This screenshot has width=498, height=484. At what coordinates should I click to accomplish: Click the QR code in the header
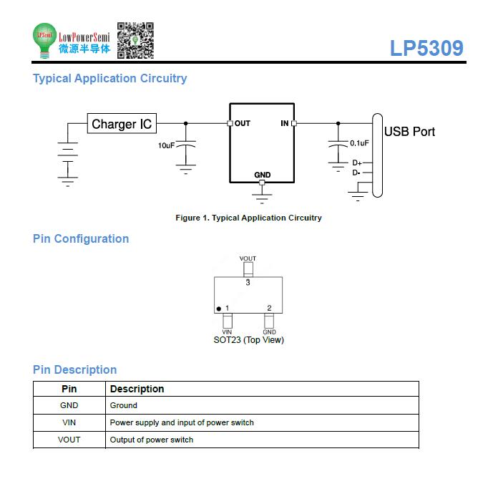pyautogui.click(x=135, y=40)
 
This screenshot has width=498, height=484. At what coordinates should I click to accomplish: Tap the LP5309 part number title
pyautogui.click(x=426, y=48)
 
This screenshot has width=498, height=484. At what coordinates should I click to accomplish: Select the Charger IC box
pyautogui.click(x=122, y=123)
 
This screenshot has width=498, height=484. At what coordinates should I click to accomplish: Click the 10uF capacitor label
pyautogui.click(x=167, y=145)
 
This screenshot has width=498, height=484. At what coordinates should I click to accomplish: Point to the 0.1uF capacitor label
pyautogui.click(x=359, y=143)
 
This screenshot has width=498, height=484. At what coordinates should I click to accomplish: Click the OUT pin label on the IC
pyautogui.click(x=243, y=123)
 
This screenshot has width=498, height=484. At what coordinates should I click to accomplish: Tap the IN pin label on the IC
pyautogui.click(x=285, y=123)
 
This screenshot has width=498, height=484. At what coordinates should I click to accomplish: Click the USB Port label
pyautogui.click(x=409, y=132)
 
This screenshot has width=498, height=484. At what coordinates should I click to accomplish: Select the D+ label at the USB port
pyautogui.click(x=356, y=163)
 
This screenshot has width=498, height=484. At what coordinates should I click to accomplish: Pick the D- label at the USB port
pyautogui.click(x=356, y=173)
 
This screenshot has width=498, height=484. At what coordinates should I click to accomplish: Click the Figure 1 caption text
pyautogui.click(x=249, y=218)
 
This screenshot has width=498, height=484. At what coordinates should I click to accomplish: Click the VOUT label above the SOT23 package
pyautogui.click(x=248, y=258)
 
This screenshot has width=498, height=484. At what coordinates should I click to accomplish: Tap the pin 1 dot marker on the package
pyautogui.click(x=218, y=309)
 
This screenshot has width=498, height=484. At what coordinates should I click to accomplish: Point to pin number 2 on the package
pyautogui.click(x=269, y=308)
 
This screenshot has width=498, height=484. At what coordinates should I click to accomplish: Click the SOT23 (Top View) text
pyautogui.click(x=249, y=340)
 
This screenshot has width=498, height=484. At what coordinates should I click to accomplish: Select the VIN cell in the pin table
pyautogui.click(x=69, y=422)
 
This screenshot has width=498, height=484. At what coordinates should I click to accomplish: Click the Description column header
pyautogui.click(x=137, y=389)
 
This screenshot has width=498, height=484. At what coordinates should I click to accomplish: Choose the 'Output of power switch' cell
pyautogui.click(x=152, y=440)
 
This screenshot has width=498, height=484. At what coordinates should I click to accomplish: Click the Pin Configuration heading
pyautogui.click(x=81, y=238)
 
